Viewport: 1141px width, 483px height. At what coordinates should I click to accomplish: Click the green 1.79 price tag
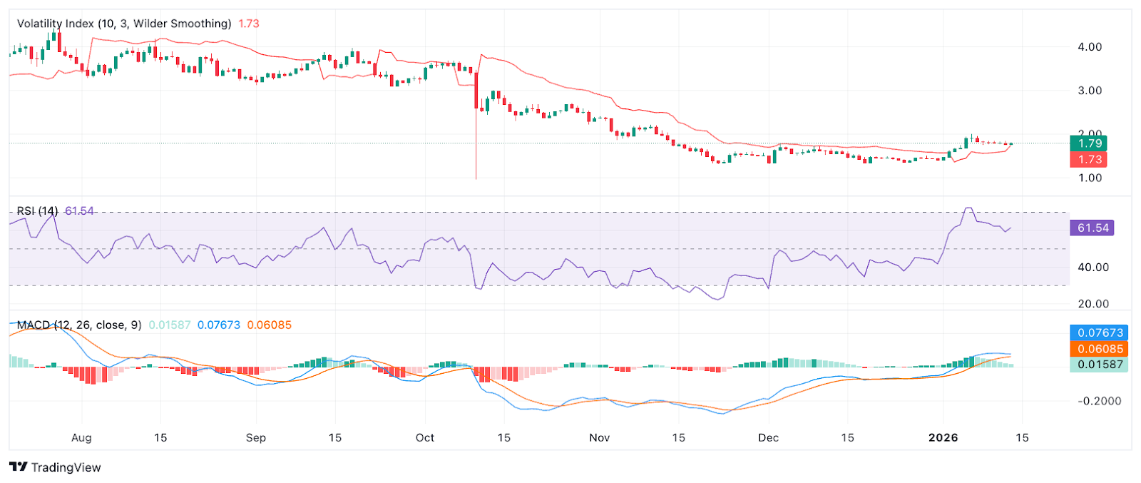[x=1088, y=143]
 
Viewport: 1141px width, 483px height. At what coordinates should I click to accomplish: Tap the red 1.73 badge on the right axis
[x=1088, y=160]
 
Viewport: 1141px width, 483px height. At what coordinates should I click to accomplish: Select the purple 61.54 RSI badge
[x=1093, y=228]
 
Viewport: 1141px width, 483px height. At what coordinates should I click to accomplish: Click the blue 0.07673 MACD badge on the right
[x=1100, y=332]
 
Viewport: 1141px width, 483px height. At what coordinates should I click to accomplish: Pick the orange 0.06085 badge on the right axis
[x=1100, y=349]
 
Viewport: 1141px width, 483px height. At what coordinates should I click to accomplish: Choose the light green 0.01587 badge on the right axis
[x=1100, y=365]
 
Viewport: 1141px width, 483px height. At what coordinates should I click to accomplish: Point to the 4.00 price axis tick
[x=1090, y=47]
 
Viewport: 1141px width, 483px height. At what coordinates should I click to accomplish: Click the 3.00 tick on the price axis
[x=1090, y=91]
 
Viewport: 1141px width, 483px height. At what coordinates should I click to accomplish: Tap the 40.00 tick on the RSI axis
[x=1093, y=268]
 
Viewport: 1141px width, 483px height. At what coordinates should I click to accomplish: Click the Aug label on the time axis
[x=81, y=438]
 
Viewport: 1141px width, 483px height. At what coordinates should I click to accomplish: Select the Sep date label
[x=255, y=438]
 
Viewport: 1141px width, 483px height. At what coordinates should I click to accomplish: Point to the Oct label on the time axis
[x=425, y=438]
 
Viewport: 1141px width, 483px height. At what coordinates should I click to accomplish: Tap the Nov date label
[x=599, y=438]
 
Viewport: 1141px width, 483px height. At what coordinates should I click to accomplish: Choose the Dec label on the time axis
[x=768, y=438]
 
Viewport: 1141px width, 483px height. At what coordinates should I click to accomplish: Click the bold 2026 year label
[x=943, y=438]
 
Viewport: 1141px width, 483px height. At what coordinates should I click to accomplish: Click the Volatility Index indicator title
[x=124, y=24]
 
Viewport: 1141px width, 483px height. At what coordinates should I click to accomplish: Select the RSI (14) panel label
[x=38, y=211]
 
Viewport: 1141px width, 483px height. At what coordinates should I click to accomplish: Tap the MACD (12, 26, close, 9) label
[x=79, y=325]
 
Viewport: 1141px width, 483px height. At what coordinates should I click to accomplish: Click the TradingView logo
[x=56, y=467]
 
